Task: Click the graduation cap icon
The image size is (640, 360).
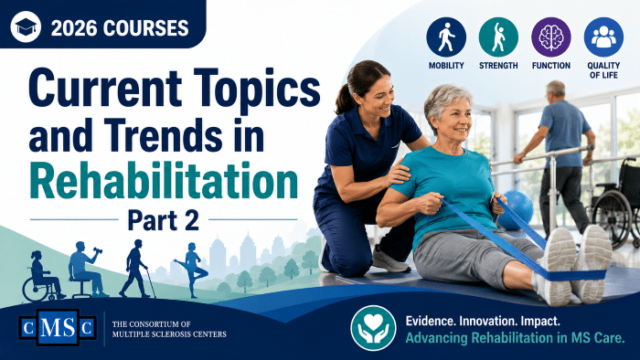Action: pos(26,26)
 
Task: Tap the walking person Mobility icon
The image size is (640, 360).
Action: pos(446,37)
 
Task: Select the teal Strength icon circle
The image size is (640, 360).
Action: pos(498,37)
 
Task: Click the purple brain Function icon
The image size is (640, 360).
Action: pos(551,37)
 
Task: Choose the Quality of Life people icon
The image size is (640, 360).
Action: pos(603,37)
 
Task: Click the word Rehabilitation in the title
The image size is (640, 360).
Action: pos(164,181)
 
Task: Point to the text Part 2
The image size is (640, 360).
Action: pos(164,220)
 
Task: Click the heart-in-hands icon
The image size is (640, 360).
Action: pos(373,327)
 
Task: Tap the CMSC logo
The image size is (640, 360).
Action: pos(58,327)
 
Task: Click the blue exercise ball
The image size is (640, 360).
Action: pos(517,210)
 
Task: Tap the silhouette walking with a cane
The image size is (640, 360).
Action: pos(137,269)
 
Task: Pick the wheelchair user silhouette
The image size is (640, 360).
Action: pos(42,276)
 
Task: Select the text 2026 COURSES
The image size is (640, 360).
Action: pos(120,27)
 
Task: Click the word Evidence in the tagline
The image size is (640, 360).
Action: pos(431,321)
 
